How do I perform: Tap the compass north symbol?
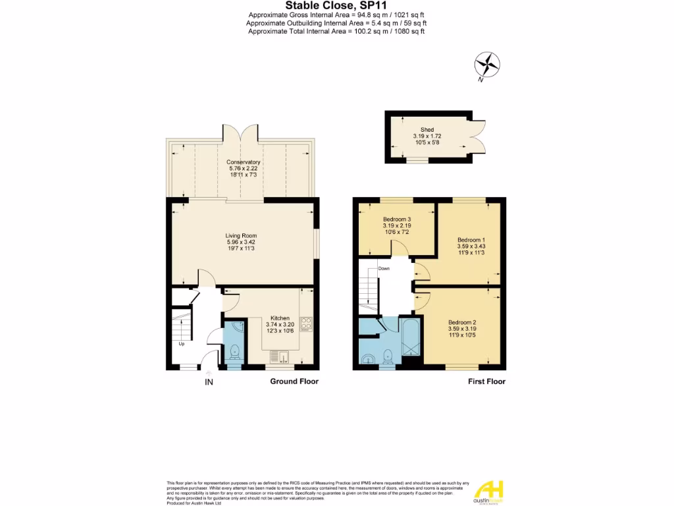tap(487, 65)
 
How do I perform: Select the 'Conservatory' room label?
tap(244, 162)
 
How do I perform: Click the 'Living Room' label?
tap(241, 235)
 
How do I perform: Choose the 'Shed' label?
tap(427, 130)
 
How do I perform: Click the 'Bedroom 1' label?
tap(471, 240)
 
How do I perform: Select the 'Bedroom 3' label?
tap(396, 219)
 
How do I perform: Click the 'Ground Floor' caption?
tap(294, 381)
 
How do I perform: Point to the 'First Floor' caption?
tap(486, 381)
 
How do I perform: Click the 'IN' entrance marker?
tap(209, 382)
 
